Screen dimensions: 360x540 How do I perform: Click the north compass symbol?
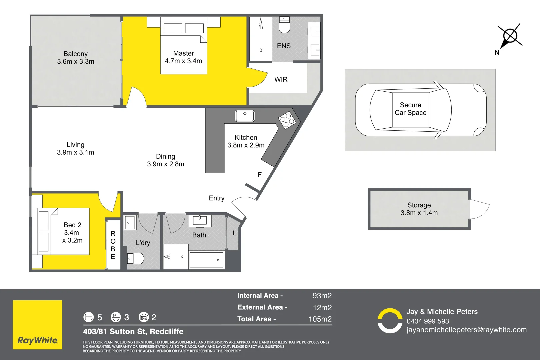pyautogui.click(x=510, y=36)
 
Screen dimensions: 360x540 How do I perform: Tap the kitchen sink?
pyautogui.click(x=245, y=116)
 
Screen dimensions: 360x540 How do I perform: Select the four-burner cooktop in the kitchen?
pyautogui.click(x=287, y=120)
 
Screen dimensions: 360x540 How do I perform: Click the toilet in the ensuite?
pyautogui.click(x=284, y=25)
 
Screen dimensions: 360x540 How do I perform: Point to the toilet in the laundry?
pyautogui.click(x=136, y=258)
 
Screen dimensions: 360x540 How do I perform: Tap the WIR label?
pyautogui.click(x=281, y=80)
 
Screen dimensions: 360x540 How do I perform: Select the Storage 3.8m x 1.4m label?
pyautogui.click(x=419, y=209)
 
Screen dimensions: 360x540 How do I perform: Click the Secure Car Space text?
pyautogui.click(x=410, y=109)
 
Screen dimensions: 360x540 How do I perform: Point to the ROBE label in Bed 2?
pyautogui.click(x=113, y=245)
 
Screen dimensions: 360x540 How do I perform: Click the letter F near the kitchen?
pyautogui.click(x=260, y=175)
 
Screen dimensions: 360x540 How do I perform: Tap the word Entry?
pyautogui.click(x=217, y=198)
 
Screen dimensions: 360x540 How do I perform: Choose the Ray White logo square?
pyautogui.click(x=37, y=325)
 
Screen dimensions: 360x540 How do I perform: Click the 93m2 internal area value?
pyautogui.click(x=322, y=296)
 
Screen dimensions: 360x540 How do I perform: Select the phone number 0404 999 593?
pyautogui.click(x=428, y=321)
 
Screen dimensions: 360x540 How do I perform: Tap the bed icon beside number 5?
pyautogui.click(x=89, y=317)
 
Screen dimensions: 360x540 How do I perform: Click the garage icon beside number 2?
pyautogui.click(x=144, y=317)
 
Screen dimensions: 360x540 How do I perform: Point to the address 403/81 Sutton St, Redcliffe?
pyautogui.click(x=133, y=332)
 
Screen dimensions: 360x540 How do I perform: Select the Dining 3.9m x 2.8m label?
pyautogui.click(x=166, y=160)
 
